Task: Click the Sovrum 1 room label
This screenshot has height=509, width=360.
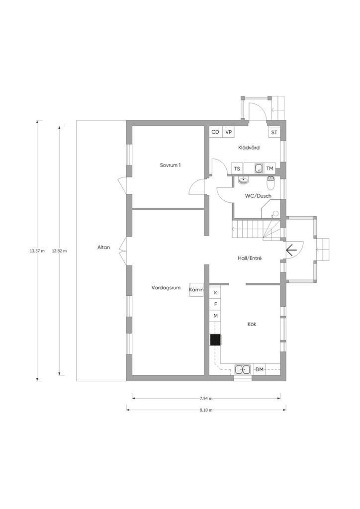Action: point(171,165)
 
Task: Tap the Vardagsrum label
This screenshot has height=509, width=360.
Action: point(166,288)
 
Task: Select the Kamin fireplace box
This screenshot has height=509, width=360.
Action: point(196,290)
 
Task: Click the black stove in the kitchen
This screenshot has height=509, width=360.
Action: point(215,340)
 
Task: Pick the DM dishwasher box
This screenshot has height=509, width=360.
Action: point(260,369)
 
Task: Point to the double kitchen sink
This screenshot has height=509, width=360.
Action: point(243,369)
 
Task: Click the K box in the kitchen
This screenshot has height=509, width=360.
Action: point(215,292)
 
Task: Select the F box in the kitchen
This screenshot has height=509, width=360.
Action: point(215,304)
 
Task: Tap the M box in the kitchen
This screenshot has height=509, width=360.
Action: point(215,316)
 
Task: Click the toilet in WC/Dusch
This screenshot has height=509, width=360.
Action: point(270,183)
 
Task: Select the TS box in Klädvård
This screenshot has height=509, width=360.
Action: point(237,169)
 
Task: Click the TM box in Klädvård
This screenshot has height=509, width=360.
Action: point(270,169)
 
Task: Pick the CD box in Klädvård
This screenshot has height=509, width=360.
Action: point(215,132)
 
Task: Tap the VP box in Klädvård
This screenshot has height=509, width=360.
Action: point(229,132)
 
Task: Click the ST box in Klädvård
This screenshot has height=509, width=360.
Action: point(274,132)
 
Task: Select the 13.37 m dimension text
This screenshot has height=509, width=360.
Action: point(37,251)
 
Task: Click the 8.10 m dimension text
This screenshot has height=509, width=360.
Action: point(206,410)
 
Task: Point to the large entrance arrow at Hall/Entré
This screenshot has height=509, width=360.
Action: point(291,250)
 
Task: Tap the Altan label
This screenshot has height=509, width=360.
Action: point(104,248)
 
